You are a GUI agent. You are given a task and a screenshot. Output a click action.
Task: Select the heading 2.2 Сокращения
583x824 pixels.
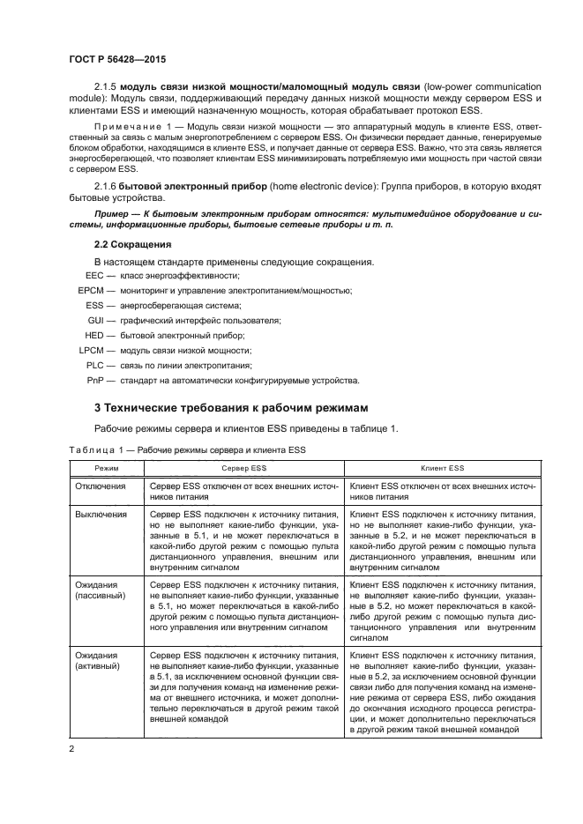coord(132,242)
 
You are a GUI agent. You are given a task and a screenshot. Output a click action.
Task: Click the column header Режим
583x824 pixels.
coord(107,469)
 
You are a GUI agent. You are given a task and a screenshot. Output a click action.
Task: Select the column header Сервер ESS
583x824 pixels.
coord(244,469)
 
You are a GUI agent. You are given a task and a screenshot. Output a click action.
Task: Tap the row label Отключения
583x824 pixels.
coord(100,486)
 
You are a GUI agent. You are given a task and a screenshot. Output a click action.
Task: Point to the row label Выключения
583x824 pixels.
coord(101,513)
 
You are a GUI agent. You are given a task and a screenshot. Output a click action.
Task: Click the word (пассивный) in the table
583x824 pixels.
coord(101,595)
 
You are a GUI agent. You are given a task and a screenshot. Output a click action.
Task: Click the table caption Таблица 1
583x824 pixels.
coord(98,449)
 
